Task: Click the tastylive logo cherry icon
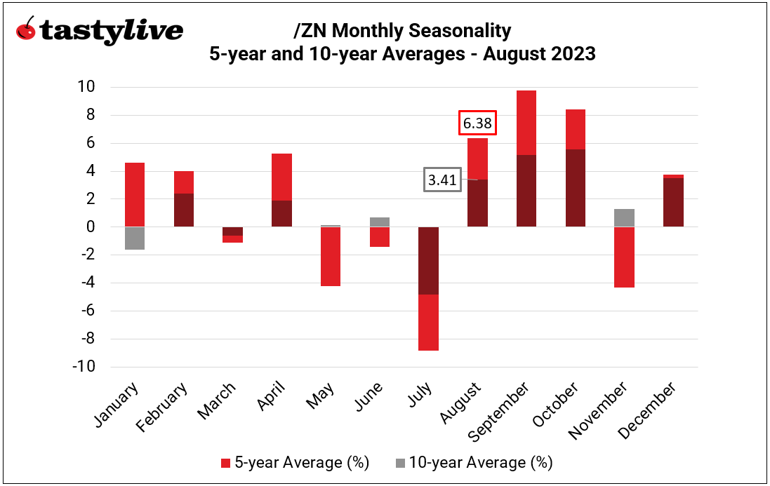26,29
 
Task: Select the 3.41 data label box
442,180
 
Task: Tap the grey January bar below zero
135,238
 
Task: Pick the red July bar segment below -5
428,322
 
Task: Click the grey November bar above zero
625,218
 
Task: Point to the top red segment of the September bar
526,123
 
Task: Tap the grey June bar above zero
380,222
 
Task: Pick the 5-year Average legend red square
225,463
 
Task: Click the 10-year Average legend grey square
400,463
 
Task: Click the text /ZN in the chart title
309,31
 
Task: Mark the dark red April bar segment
281,213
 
